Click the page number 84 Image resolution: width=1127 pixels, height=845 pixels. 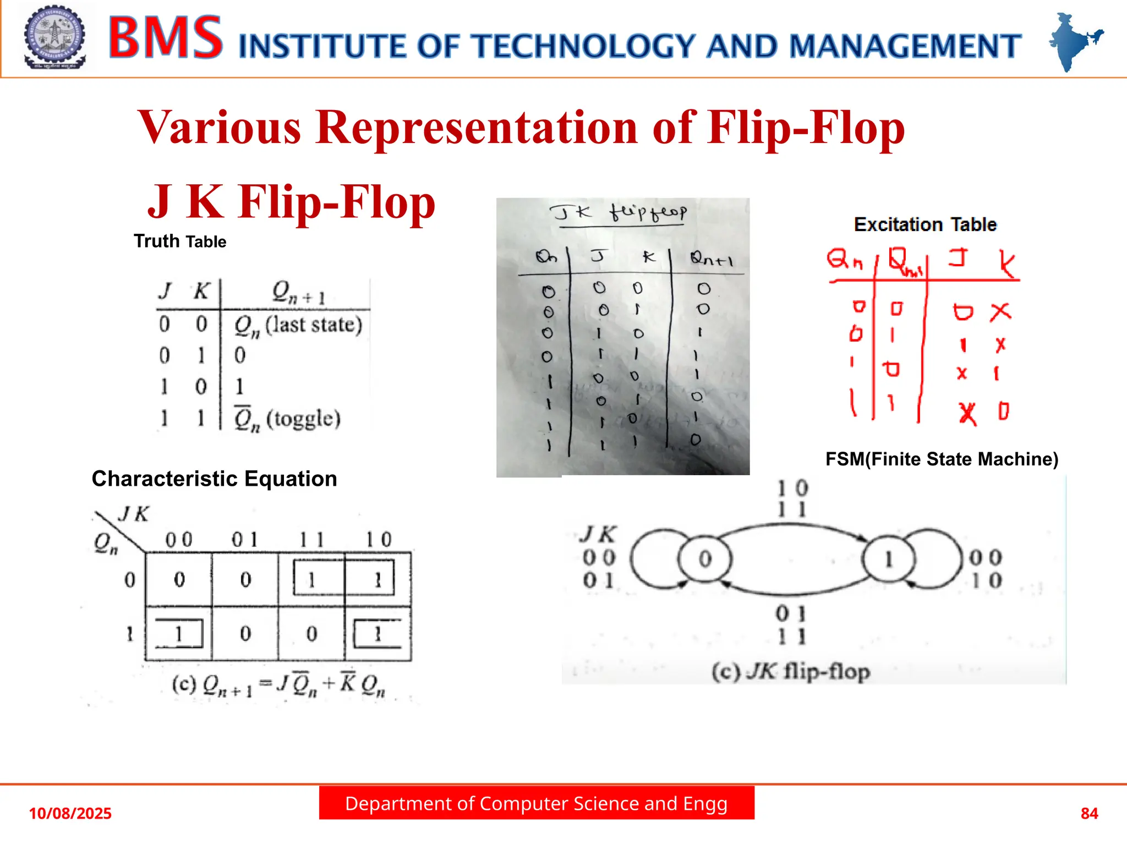click(x=1089, y=813)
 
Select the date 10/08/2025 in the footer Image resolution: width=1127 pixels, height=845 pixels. click(x=70, y=813)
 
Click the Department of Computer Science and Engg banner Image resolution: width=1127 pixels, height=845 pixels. click(x=537, y=804)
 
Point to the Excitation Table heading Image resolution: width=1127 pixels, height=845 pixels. click(x=925, y=224)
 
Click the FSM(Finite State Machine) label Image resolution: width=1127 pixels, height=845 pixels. click(x=942, y=459)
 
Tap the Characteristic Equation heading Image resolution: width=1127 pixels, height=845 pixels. click(x=214, y=479)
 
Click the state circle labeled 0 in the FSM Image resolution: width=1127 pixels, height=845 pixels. click(x=705, y=559)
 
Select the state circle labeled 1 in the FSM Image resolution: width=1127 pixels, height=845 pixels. click(x=888, y=559)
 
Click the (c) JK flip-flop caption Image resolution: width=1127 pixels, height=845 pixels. click(x=791, y=672)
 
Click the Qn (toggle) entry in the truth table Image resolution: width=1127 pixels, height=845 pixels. click(x=287, y=419)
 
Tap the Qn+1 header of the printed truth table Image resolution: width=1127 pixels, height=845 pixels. click(x=299, y=292)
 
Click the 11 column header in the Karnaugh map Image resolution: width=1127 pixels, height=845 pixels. click(x=311, y=539)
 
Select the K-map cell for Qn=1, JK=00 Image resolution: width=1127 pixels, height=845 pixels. click(x=179, y=634)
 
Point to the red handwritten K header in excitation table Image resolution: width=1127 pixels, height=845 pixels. click(x=1006, y=264)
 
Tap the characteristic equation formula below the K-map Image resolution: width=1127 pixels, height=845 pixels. click(x=278, y=685)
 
